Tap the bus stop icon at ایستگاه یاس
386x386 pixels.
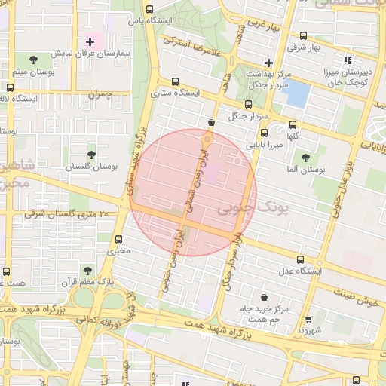[x=149, y=10]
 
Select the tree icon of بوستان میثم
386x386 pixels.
[x=32, y=58]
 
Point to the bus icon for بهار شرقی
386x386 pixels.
[x=303, y=35]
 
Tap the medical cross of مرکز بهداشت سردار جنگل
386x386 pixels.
[x=268, y=62]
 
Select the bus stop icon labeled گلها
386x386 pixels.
[x=293, y=125]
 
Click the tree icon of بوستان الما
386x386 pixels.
[x=305, y=157]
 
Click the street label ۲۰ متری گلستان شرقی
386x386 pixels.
[x=68, y=215]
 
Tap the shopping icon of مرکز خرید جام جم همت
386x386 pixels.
[x=263, y=296]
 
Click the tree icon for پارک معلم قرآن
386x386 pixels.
[x=88, y=270]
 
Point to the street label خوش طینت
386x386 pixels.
[x=360, y=299]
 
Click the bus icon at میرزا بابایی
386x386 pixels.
[x=262, y=132]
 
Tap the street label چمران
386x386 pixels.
[x=99, y=94]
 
